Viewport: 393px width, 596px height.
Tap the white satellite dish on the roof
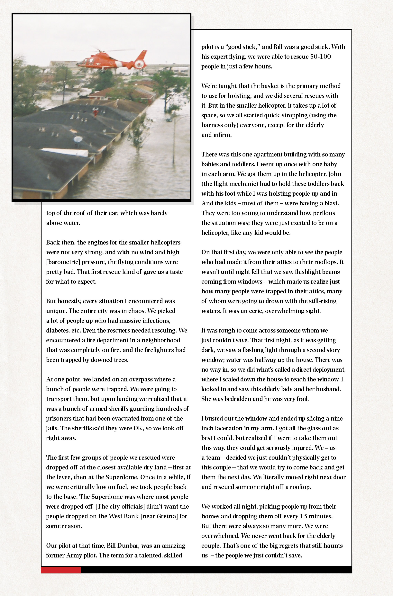[78, 139]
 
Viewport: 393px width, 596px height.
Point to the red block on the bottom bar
[61, 570]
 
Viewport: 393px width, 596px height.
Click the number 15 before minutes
[304, 516]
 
